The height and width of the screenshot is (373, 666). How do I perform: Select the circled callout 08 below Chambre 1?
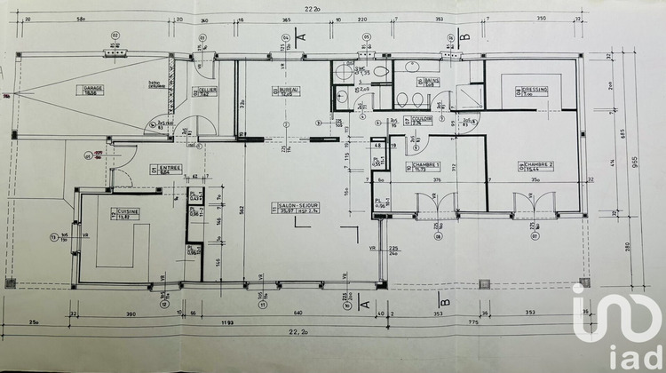437,236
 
